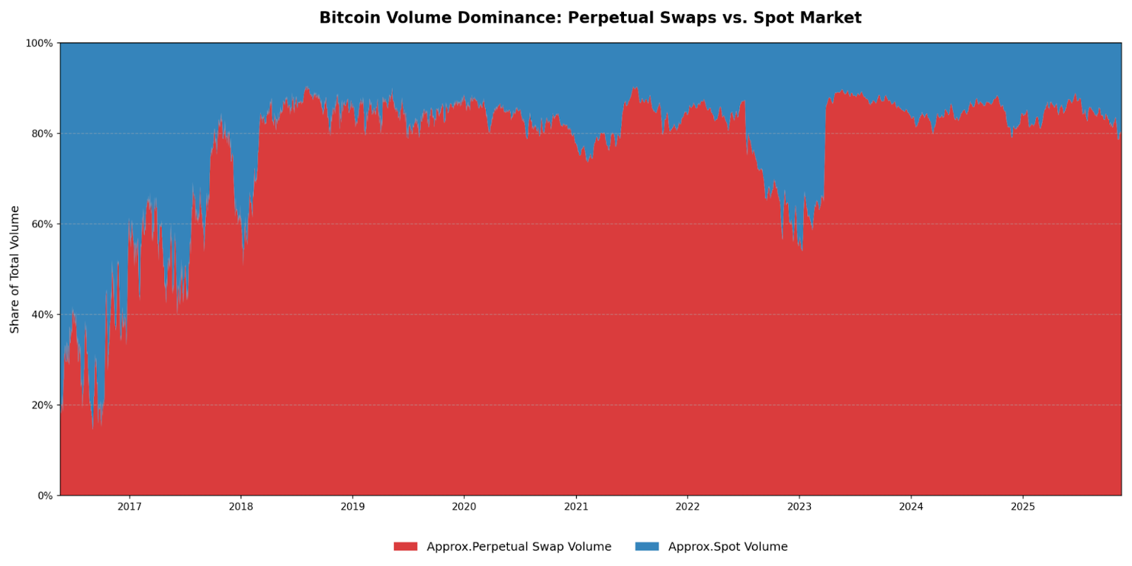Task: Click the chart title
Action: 590,18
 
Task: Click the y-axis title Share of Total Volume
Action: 15,270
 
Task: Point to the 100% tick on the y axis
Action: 40,43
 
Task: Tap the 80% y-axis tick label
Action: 41,134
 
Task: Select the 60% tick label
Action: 41,224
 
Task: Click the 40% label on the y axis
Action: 41,315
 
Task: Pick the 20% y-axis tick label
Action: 41,405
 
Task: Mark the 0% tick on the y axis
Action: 45,496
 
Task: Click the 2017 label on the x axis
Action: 129,507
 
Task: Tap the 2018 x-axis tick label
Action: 241,507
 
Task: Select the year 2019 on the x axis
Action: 352,507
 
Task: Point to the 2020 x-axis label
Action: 464,507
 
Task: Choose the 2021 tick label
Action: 576,507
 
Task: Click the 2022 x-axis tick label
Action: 688,507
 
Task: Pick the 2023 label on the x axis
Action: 799,507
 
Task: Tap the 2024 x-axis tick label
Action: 911,507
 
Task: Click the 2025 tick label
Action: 1023,507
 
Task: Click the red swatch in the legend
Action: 405,547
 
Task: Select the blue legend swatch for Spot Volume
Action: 647,547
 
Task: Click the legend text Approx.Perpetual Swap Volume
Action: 519,547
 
